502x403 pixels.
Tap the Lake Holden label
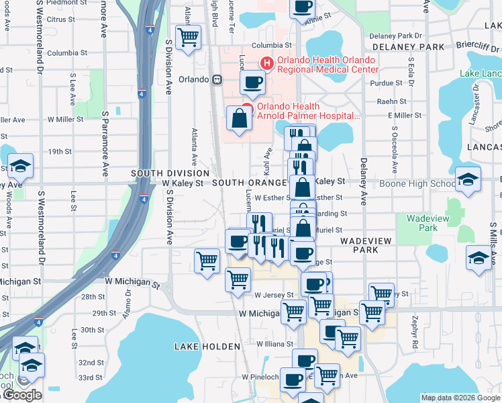pos(207,347)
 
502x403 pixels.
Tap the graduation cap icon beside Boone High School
pos(468,179)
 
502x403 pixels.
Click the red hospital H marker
pos(266,64)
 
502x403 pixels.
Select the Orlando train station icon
pos(217,79)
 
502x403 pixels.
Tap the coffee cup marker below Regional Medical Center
pos(252,82)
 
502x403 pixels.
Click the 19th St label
pos(59,152)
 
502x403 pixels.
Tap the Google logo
pos(22,396)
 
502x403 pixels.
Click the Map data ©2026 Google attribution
pos(460,398)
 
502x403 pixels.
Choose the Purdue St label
pos(389,83)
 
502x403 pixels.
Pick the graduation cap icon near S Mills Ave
pos(478,259)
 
